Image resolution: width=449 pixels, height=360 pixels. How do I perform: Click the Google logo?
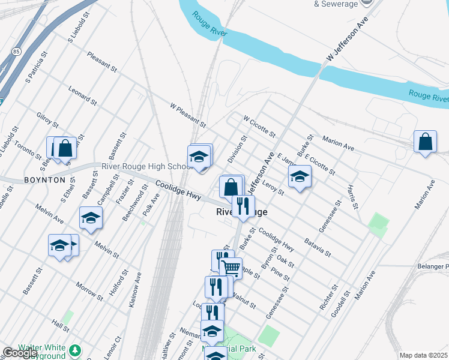19,353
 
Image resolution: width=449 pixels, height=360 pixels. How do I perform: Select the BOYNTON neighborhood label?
44,180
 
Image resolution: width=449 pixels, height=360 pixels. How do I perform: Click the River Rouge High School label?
146,167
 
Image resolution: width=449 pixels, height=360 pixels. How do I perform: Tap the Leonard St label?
82,95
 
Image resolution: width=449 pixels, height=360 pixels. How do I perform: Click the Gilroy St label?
47,120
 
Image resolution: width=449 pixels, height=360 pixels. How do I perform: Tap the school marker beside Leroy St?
300,178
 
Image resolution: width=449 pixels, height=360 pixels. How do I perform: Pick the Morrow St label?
90,292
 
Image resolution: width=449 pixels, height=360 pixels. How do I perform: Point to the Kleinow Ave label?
135,290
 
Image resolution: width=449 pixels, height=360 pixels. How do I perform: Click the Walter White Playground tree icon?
76,349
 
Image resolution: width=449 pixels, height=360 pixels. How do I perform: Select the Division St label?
238,149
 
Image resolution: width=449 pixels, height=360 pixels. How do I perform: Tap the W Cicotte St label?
259,127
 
